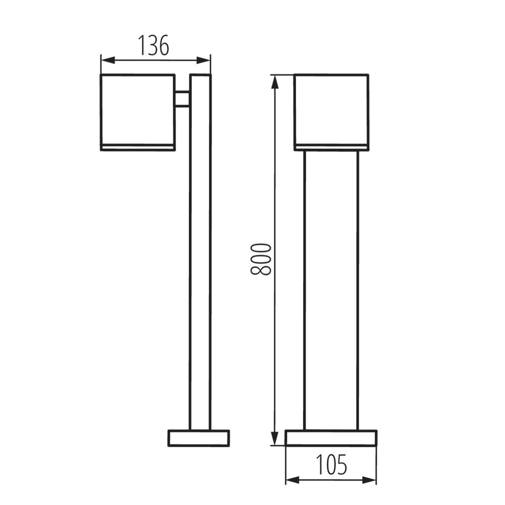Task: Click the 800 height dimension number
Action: (x=261, y=259)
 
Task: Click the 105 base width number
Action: (x=331, y=465)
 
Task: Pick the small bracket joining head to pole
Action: (x=182, y=99)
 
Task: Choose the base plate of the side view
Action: (x=198, y=438)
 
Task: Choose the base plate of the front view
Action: (x=331, y=438)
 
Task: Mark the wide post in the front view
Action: (x=331, y=288)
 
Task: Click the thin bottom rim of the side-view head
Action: (x=137, y=147)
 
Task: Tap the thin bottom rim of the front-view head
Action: (x=331, y=147)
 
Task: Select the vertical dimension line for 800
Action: (x=275, y=328)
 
